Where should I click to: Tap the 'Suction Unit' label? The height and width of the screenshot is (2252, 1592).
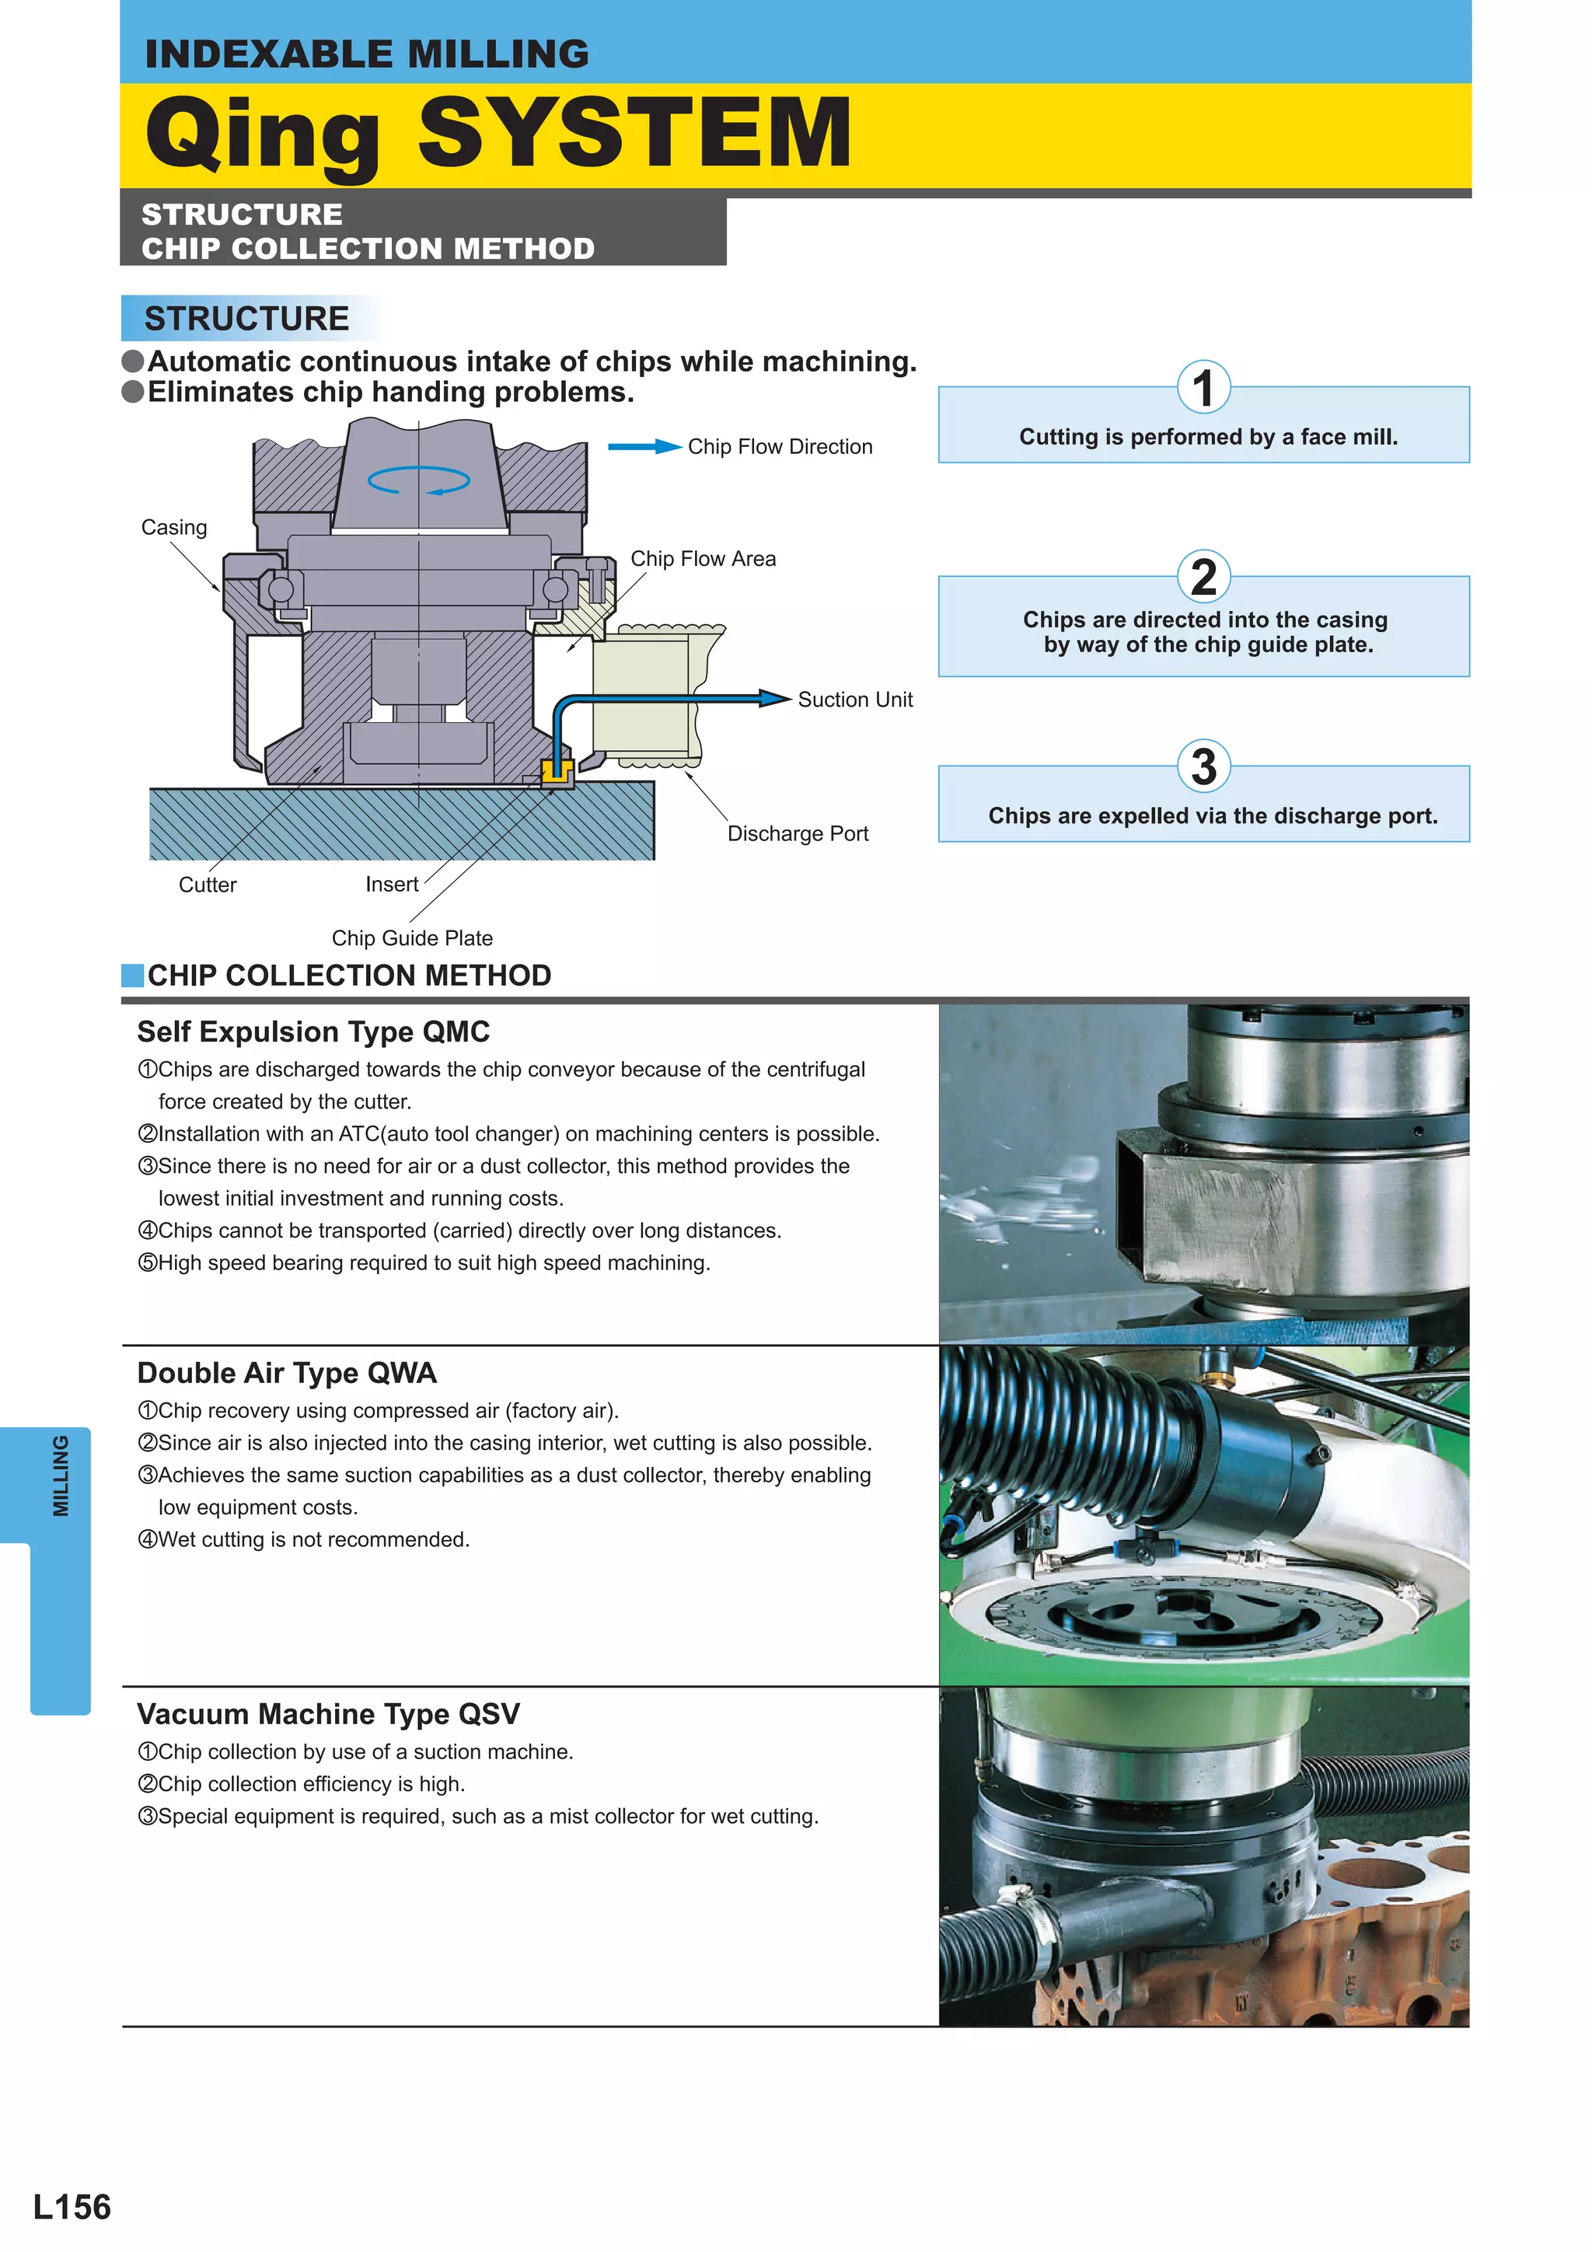pos(854,700)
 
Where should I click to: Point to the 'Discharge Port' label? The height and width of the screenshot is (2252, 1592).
pos(798,833)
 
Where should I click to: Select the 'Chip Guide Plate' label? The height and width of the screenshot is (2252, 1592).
pos(412,937)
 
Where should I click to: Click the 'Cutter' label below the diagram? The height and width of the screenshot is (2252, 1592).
pos(207,885)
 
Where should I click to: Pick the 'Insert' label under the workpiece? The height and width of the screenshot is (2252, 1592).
pos(391,884)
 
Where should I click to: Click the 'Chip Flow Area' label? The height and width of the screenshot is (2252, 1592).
pos(702,558)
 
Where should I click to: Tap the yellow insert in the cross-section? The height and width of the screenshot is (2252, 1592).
pos(557,772)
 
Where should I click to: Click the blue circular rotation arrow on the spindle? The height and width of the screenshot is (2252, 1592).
pos(419,480)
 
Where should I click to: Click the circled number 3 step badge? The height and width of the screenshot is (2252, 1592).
pos(1203,767)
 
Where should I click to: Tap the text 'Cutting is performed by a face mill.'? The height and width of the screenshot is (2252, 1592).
pos(1207,438)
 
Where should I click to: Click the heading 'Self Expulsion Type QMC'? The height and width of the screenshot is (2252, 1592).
pos(313,1032)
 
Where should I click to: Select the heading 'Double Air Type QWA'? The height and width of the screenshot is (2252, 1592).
pos(286,1373)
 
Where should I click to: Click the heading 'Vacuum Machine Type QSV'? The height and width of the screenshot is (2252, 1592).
pos(327,1713)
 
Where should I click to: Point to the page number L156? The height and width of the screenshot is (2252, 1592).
pos(72,2207)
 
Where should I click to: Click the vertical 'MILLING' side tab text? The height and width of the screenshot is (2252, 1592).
pos(61,1476)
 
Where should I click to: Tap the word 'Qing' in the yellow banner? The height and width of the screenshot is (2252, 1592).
pos(263,134)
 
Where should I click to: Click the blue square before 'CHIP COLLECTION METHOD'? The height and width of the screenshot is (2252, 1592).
pos(132,975)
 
